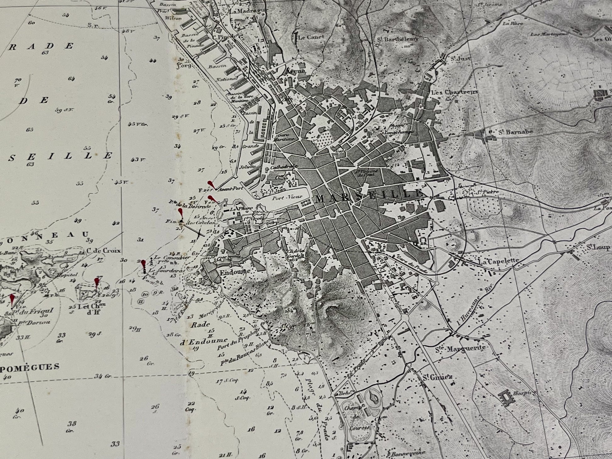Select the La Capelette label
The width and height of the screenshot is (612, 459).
tap(498, 262)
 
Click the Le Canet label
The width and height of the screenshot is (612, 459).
tap(306, 37)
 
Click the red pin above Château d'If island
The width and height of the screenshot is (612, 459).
tap(97, 282)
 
